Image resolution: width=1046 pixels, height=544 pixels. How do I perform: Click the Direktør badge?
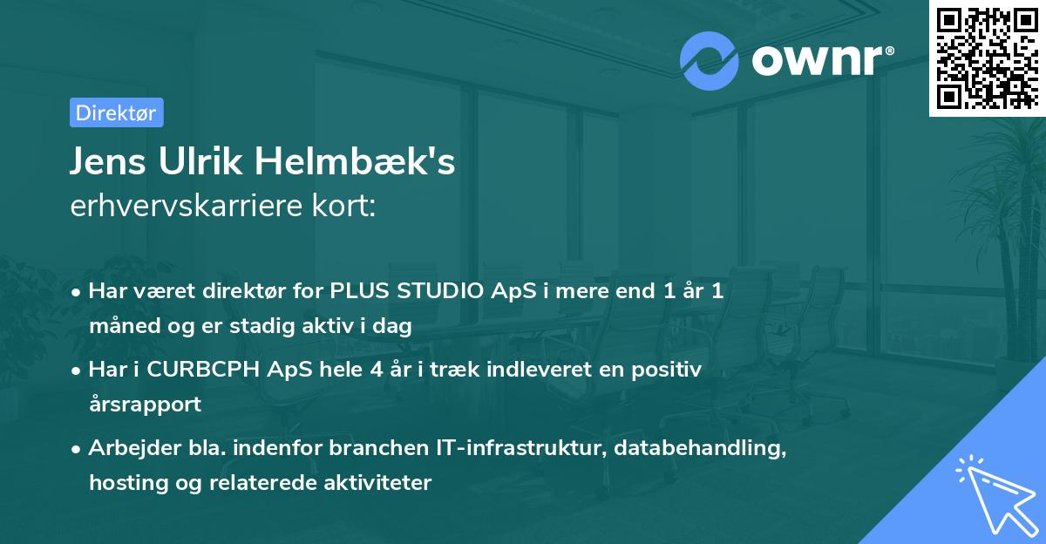tap(116, 112)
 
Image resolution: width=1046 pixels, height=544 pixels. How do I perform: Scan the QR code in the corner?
tap(987, 58)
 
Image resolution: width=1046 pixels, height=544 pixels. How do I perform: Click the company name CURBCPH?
tap(194, 370)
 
